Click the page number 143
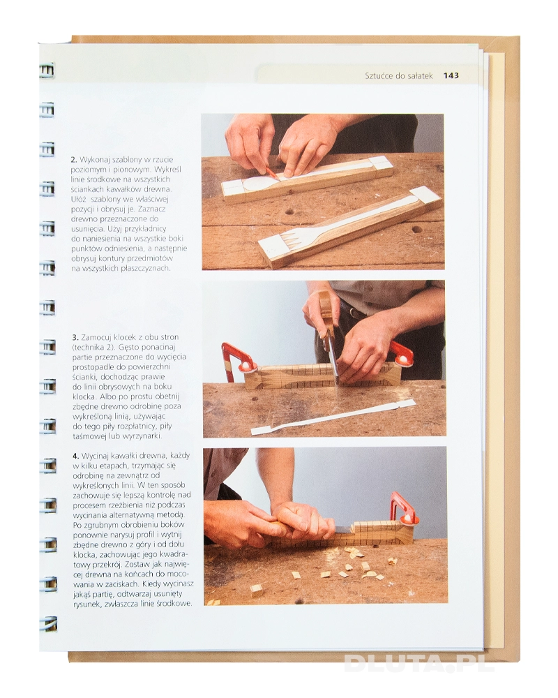(451, 75)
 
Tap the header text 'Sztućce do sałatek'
(399, 75)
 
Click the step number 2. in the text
(75, 159)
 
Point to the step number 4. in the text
(76, 456)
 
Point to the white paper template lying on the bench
(333, 417)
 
